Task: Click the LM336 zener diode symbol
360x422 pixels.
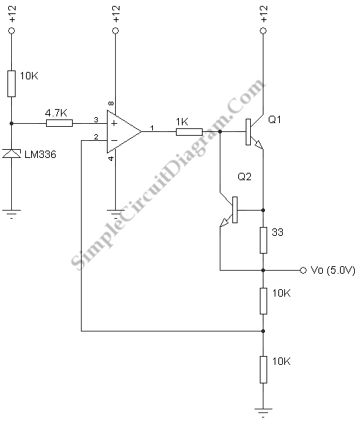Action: coord(12,154)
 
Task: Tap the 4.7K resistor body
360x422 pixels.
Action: coord(59,124)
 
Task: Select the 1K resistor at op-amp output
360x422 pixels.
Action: coord(189,132)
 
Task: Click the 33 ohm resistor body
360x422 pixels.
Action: coord(264,240)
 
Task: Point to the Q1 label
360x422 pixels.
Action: coord(275,119)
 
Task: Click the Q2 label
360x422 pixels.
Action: coord(244,177)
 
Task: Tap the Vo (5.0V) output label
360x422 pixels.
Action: coord(333,270)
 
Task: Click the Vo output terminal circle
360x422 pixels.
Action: coord(303,270)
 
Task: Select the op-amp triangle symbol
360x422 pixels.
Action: coord(124,132)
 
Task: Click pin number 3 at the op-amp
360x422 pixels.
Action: coord(96,119)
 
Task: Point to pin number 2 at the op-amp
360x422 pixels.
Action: coord(96,137)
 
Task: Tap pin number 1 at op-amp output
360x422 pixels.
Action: coord(152,128)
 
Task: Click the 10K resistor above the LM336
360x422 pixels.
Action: coord(11,84)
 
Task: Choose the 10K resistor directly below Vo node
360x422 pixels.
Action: coord(264,301)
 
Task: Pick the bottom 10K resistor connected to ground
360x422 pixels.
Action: coord(264,369)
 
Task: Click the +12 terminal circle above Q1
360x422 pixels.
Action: coord(264,30)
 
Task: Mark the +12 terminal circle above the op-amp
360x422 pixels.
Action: coord(116,30)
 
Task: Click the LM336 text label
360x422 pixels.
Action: coord(40,154)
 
